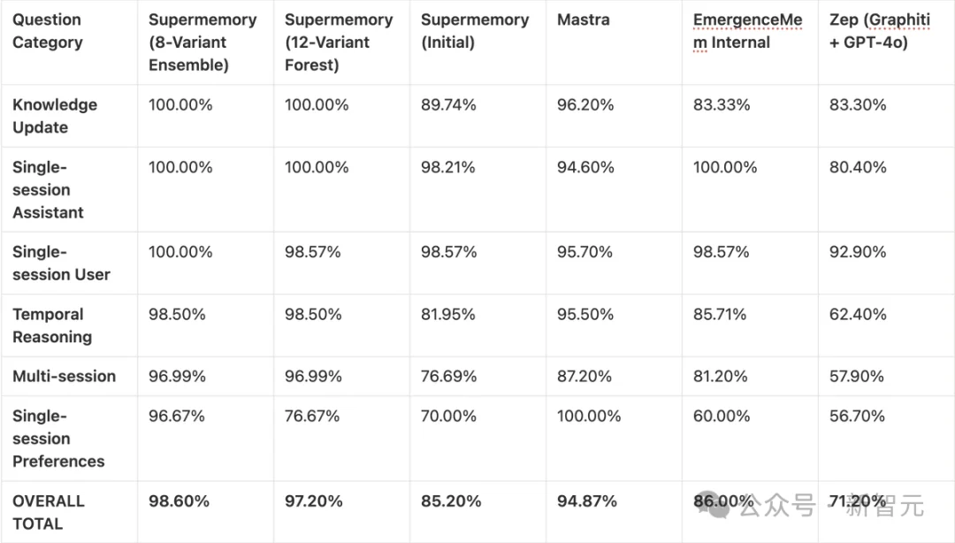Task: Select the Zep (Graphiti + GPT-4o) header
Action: [879, 31]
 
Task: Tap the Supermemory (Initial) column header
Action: [475, 31]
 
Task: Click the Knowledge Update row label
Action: [55, 116]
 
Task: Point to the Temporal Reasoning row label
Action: [52, 325]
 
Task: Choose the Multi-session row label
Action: [64, 376]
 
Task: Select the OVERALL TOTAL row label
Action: [49, 512]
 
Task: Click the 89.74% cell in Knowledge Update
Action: [448, 104]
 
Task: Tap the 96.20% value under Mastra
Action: [584, 104]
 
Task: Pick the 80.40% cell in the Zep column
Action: [858, 167]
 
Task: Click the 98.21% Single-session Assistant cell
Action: [448, 167]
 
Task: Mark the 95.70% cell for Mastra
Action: [584, 252]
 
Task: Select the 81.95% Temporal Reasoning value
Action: [448, 314]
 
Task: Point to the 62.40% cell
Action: [858, 314]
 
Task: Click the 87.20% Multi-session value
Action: [584, 376]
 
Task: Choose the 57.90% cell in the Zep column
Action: [858, 376]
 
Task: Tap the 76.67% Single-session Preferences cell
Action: [312, 416]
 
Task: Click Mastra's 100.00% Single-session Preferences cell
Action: [589, 416]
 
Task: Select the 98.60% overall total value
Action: [179, 501]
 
